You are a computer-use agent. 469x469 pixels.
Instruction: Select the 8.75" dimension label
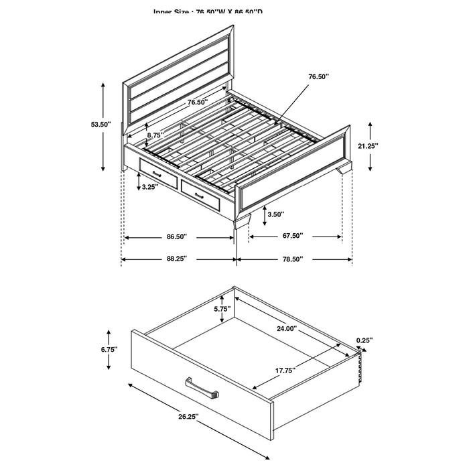[155, 134]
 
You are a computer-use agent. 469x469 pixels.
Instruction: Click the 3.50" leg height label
[275, 214]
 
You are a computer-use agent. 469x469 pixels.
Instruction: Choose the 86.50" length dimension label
[176, 237]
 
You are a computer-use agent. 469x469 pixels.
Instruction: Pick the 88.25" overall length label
[176, 259]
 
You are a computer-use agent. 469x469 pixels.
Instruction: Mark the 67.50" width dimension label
[292, 236]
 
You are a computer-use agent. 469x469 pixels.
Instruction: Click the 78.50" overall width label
[292, 259]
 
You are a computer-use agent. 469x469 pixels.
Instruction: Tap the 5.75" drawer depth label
[222, 309]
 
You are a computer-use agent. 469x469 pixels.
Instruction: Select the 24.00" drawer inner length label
[287, 328]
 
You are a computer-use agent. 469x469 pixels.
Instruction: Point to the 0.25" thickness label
[364, 340]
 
